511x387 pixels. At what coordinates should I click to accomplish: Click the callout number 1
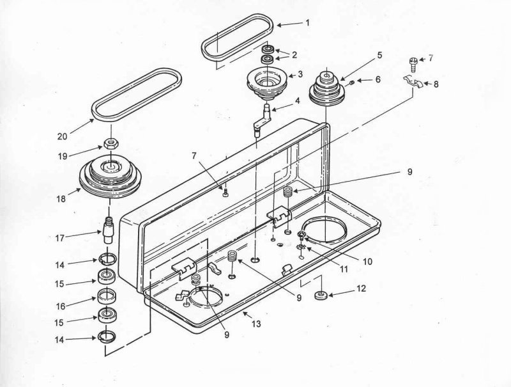[307, 23]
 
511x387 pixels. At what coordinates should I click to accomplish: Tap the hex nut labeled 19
[110, 143]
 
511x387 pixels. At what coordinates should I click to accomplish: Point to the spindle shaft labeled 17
[108, 230]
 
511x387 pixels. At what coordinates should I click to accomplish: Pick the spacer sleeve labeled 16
[107, 296]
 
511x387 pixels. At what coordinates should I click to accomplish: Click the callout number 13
[256, 324]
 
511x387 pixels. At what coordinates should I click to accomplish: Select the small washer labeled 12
[321, 295]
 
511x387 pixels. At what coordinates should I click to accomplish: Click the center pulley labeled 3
[267, 83]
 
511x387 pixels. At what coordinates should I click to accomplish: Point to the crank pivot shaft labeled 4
[263, 118]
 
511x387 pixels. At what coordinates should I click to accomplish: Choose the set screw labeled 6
[353, 83]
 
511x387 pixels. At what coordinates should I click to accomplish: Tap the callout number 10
[367, 262]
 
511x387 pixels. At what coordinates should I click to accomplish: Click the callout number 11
[344, 269]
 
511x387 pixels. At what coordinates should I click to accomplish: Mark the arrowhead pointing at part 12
[331, 295]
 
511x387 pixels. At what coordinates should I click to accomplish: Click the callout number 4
[297, 101]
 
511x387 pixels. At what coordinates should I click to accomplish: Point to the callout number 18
[61, 198]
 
